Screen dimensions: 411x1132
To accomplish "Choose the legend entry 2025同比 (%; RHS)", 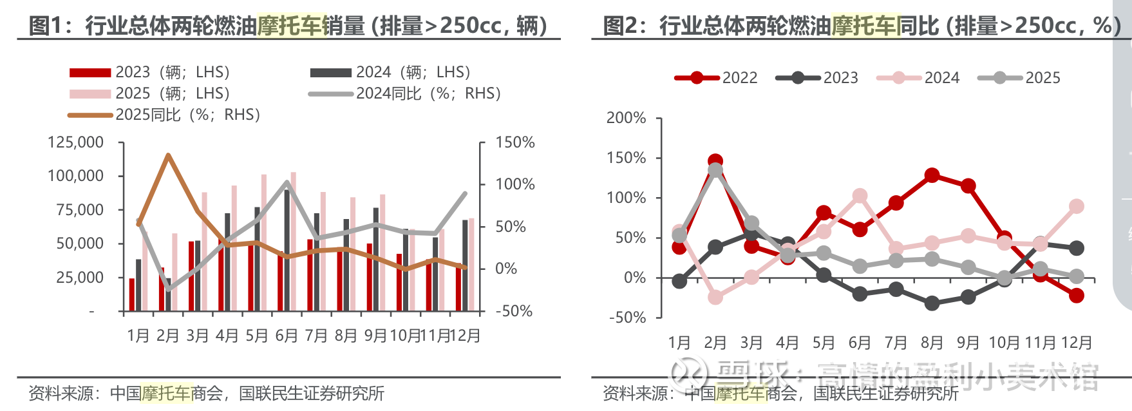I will (x=164, y=115).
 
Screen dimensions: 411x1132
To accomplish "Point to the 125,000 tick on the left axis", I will (x=75, y=142).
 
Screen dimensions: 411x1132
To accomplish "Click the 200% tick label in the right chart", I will (x=626, y=118).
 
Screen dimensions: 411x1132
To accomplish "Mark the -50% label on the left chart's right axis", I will (x=514, y=311).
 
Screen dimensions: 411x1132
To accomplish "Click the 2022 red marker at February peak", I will (x=715, y=161).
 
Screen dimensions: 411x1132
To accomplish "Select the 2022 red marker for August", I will (x=931, y=175).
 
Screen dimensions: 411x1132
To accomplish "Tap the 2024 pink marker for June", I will (x=860, y=196).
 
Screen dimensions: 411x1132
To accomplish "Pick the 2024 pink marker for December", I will (x=1076, y=206).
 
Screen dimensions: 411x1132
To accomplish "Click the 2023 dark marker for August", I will (x=931, y=303).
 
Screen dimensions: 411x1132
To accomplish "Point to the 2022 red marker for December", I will (x=1076, y=296).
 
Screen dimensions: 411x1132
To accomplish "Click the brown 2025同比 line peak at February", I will (x=168, y=155).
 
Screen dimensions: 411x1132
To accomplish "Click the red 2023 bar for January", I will (x=132, y=294).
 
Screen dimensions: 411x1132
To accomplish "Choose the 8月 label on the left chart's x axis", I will (x=346, y=336).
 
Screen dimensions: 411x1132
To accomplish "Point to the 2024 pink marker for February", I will (x=715, y=297).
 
